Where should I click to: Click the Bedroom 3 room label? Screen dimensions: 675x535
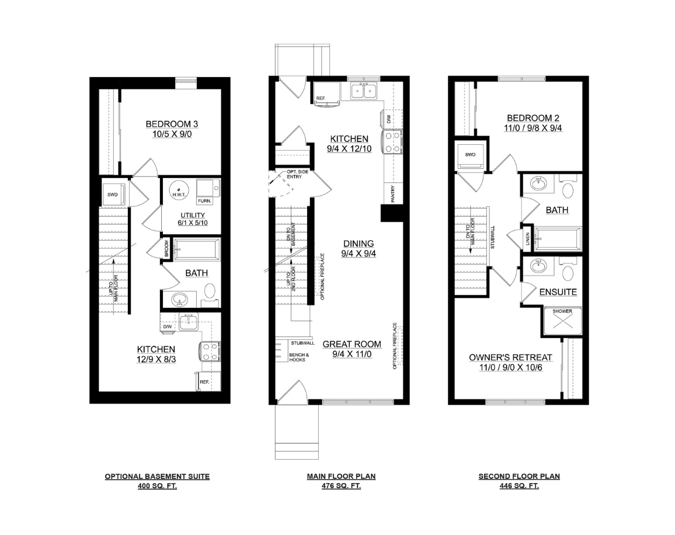tap(172, 124)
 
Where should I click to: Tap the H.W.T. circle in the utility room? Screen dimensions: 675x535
tap(178, 190)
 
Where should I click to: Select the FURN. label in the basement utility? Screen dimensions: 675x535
tap(204, 201)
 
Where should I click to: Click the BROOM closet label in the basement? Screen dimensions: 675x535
tap(166, 249)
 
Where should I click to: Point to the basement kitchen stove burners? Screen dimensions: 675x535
tap(210, 352)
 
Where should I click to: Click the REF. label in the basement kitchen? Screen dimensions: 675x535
tap(204, 382)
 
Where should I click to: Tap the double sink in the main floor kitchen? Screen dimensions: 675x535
tap(363, 91)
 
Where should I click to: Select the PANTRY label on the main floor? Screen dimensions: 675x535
tap(392, 194)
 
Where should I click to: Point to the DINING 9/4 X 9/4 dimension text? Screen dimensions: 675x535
tap(359, 253)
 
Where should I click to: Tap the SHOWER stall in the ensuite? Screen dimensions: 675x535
tap(562, 321)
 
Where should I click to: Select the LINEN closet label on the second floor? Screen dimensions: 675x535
tap(528, 239)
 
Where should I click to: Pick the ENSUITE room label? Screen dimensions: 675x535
tap(558, 292)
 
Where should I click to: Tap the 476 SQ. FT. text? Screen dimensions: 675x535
tap(342, 486)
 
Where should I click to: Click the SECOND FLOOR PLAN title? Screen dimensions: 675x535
tap(519, 477)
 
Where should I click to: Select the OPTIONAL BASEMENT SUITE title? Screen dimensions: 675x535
tap(157, 477)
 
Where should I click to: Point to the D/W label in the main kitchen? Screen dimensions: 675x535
tap(389, 119)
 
